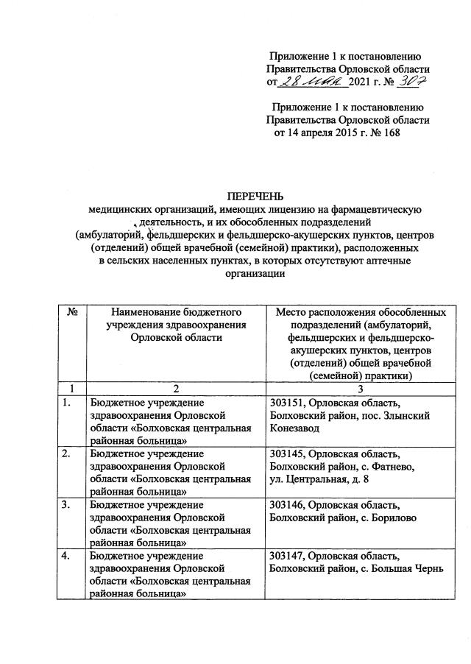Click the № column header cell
point(72,312)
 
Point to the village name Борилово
point(393,518)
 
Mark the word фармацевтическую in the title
point(377,209)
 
